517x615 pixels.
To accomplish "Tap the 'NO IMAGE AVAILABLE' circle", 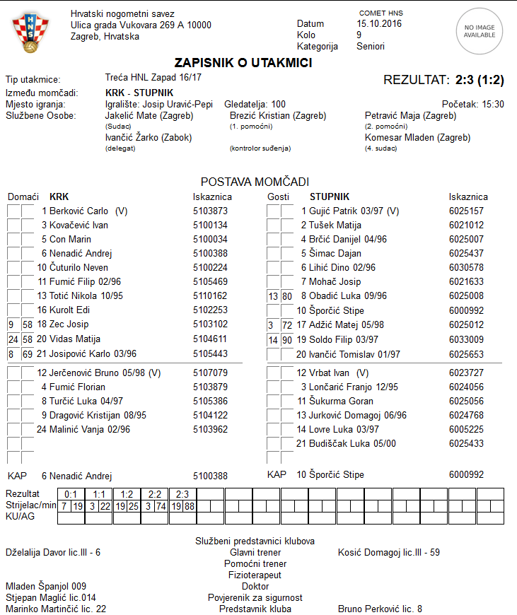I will coord(479,30).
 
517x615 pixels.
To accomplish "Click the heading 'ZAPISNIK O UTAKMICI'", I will coord(243,63).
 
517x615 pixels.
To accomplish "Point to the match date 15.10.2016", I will coord(379,23).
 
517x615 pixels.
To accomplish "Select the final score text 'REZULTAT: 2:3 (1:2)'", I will coord(443,80).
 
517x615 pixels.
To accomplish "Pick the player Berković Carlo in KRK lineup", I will coord(79,211).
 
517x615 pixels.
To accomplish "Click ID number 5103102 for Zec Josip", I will coord(210,324).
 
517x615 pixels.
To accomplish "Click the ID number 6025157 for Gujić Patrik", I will coord(466,211).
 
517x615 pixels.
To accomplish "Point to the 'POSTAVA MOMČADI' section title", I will coord(255,182).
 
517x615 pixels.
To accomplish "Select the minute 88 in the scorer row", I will coord(190,506).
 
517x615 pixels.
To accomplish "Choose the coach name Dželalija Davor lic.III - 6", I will coord(53,552).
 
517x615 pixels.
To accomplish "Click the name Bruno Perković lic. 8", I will coord(380,609).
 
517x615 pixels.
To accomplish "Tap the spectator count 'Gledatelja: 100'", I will coord(255,104).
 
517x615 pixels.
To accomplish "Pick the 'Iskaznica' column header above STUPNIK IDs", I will coord(468,197).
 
